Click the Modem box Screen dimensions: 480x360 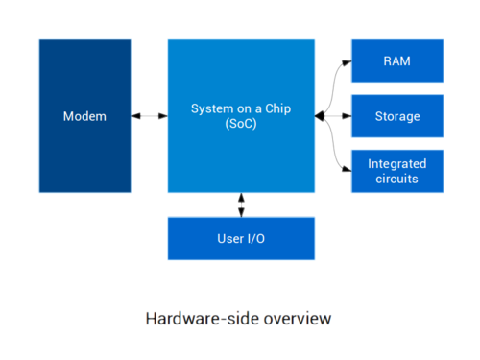[84, 116]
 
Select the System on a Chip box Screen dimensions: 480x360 [241, 116]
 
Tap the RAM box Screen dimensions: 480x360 [397, 60]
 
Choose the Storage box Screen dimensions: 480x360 [397, 116]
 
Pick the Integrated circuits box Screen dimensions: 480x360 [397, 171]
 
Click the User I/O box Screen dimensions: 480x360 [241, 239]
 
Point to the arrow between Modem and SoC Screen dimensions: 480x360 [149, 116]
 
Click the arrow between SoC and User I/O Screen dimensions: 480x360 [241, 205]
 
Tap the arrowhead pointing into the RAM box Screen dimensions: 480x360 [347, 62]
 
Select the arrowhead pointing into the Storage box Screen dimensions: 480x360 [347, 116]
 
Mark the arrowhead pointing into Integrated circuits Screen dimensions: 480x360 [347, 169]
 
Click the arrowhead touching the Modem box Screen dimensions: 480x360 [135, 116]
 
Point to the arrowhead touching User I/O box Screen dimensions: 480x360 [241, 212]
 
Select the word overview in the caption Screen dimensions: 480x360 [298, 319]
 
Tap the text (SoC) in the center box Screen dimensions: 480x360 [241, 124]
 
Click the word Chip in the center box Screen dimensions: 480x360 [278, 108]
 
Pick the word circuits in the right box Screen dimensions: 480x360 [396, 179]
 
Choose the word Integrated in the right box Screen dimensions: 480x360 [397, 164]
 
